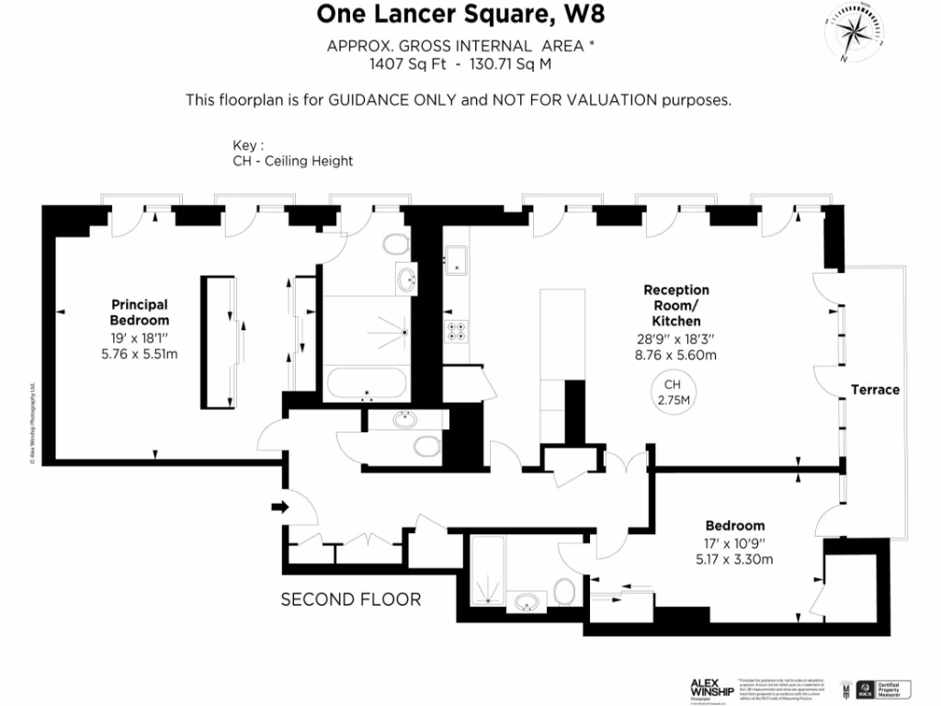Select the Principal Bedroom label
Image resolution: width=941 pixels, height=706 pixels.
click(x=140, y=313)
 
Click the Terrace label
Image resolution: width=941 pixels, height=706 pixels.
click(x=874, y=390)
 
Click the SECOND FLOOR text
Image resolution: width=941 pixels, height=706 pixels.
click(x=350, y=600)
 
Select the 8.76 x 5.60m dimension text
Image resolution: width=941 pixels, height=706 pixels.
click(x=675, y=355)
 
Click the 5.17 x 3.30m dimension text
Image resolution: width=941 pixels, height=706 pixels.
click(x=734, y=559)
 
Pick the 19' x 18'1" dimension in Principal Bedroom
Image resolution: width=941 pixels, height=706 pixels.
click(x=140, y=337)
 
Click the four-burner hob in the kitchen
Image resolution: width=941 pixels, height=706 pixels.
click(x=457, y=332)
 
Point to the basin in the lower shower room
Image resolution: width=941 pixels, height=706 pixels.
click(x=527, y=603)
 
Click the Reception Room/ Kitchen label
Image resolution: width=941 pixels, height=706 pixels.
click(x=675, y=305)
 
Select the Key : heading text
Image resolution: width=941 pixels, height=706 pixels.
click(x=249, y=145)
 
